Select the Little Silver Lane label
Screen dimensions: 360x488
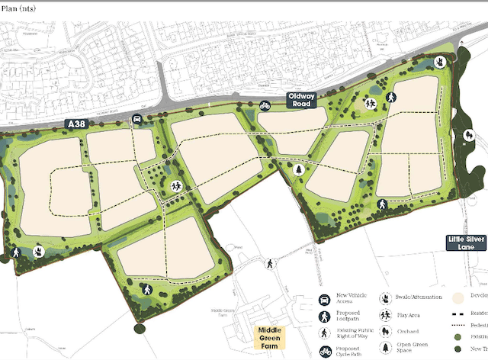(x=467, y=243)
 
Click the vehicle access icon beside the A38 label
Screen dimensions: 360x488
(x=136, y=119)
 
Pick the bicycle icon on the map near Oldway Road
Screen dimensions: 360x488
(x=265, y=105)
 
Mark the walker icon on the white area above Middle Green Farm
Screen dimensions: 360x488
(x=269, y=264)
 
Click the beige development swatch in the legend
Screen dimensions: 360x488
(x=458, y=297)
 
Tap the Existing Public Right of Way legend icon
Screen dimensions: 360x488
(x=323, y=333)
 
